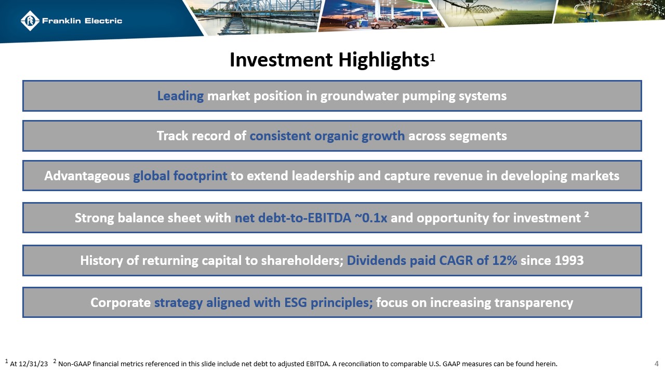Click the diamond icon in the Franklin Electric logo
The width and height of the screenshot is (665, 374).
tap(30, 21)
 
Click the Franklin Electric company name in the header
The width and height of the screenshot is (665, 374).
tap(82, 21)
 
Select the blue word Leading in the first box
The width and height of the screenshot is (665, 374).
tap(180, 96)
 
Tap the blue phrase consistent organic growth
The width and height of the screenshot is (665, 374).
tap(327, 136)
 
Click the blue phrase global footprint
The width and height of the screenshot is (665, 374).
tap(180, 176)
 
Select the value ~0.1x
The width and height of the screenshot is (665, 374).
tap(370, 218)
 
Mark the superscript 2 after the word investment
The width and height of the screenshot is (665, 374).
tap(587, 215)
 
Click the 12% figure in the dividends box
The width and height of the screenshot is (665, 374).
tap(504, 260)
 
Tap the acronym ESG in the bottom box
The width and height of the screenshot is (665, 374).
tap(294, 302)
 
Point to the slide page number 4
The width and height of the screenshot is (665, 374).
tap(656, 364)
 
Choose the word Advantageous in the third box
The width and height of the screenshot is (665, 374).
tap(87, 176)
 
